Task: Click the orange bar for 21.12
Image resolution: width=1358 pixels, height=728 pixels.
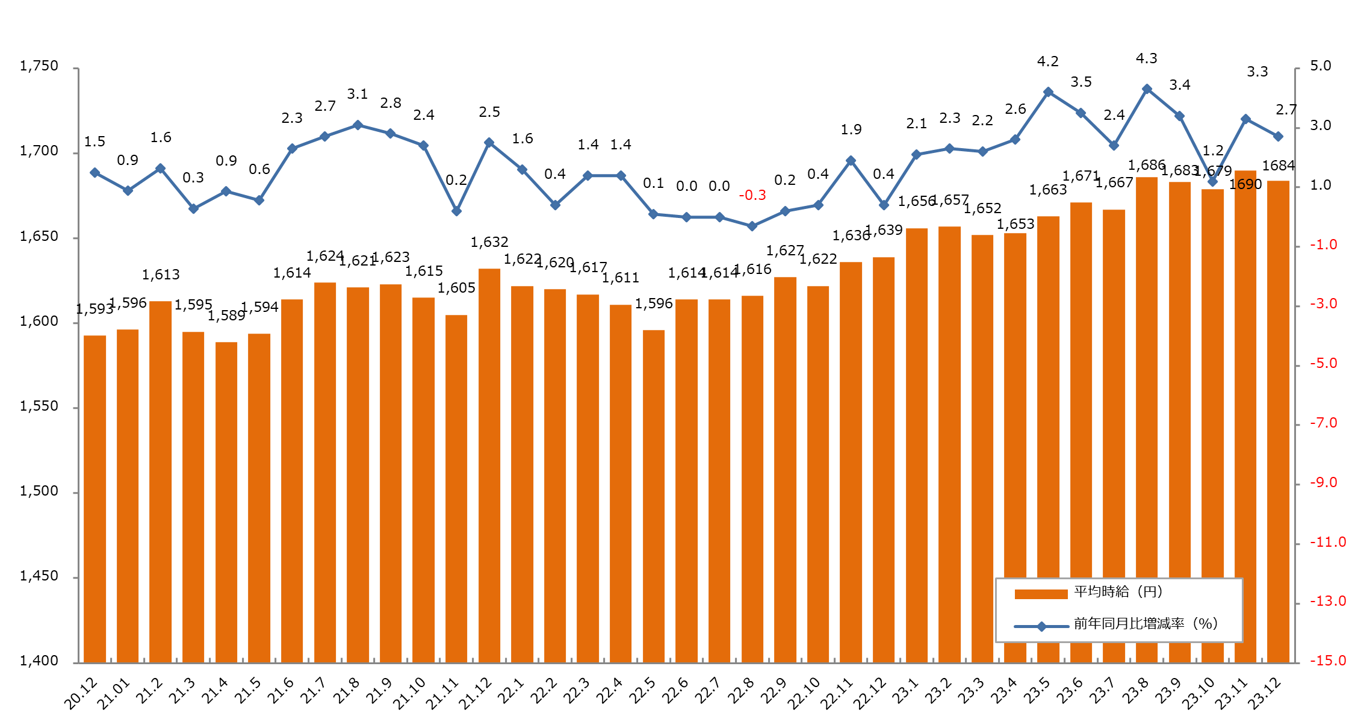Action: point(489,464)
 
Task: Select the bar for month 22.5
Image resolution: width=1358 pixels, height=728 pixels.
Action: point(654,494)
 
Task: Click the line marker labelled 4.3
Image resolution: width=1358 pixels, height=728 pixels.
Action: point(1147,89)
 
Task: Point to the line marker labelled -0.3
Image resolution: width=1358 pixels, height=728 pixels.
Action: point(752,226)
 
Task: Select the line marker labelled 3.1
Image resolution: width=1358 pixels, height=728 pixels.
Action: point(358,125)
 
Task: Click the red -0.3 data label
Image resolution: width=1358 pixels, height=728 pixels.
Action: point(752,195)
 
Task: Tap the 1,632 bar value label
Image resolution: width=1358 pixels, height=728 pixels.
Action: point(489,242)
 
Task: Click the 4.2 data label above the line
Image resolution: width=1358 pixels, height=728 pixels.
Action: point(1048,61)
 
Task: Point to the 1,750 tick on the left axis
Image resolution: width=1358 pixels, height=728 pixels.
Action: point(39,66)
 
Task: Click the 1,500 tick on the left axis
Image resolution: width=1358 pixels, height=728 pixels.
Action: point(39,491)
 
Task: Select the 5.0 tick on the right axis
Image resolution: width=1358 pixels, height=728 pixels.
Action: point(1321,66)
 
